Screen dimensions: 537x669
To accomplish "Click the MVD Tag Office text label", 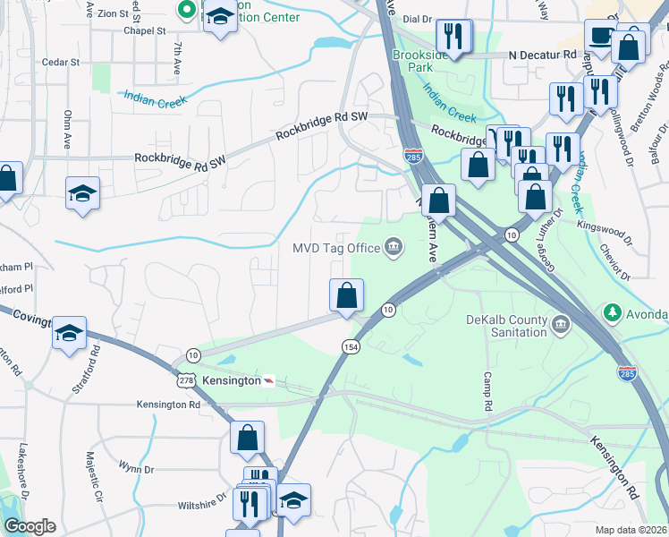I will pyautogui.click(x=336, y=248).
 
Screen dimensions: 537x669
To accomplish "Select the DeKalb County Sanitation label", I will pyautogui.click(x=506, y=326).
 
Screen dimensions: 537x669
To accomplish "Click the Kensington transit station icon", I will pyautogui.click(x=267, y=380).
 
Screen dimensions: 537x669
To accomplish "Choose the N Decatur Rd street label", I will pyautogui.click(x=542, y=55).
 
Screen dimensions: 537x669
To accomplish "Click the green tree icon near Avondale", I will pyautogui.click(x=613, y=313).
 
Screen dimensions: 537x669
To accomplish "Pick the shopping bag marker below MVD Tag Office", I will pyautogui.click(x=346, y=294).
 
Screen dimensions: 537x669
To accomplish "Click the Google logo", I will pyautogui.click(x=30, y=525).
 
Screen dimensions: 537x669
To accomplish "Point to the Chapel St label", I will pyautogui.click(x=145, y=30).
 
